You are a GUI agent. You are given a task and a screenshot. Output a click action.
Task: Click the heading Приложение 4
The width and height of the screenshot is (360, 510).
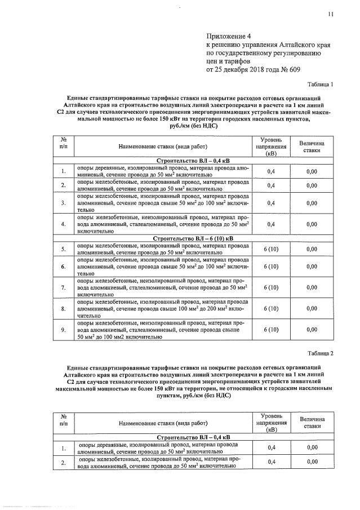pos(229,36)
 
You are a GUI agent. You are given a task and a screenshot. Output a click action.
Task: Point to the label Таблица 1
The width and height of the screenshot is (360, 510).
pos(318,85)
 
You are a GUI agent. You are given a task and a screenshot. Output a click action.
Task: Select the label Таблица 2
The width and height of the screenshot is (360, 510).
pos(318,353)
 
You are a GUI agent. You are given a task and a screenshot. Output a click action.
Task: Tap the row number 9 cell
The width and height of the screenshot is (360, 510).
pos(64,330)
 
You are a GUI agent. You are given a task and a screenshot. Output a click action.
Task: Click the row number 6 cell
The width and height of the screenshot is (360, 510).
pos(64,266)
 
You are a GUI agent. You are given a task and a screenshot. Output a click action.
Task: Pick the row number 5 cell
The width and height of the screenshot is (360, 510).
pos(64,249)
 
